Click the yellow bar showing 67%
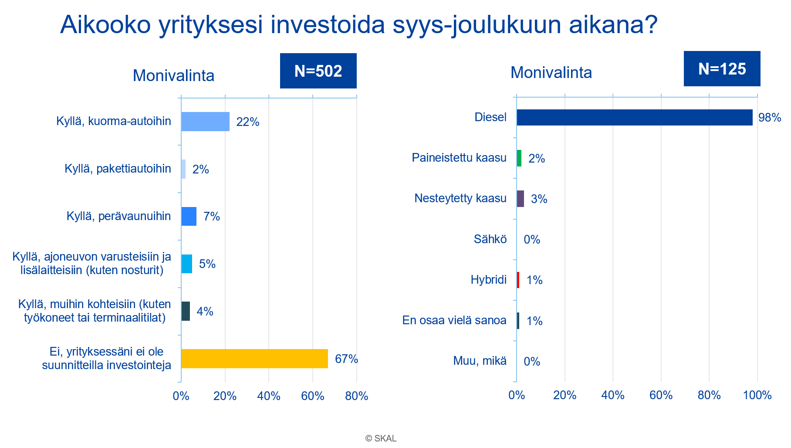254,359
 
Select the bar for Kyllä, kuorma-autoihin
205,122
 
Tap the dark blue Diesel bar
634,118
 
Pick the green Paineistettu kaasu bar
519,158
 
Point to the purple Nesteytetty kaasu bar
521,199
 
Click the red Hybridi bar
518,280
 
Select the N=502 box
318,71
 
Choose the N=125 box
722,69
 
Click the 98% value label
769,118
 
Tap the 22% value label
247,122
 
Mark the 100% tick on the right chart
757,395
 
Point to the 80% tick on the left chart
356,396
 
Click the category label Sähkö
490,239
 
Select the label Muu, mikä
480,361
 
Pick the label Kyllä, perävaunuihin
118,216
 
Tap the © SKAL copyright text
381,438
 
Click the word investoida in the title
328,25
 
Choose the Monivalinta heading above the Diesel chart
551,73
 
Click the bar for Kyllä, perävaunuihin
189,217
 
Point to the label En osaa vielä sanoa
454,320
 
